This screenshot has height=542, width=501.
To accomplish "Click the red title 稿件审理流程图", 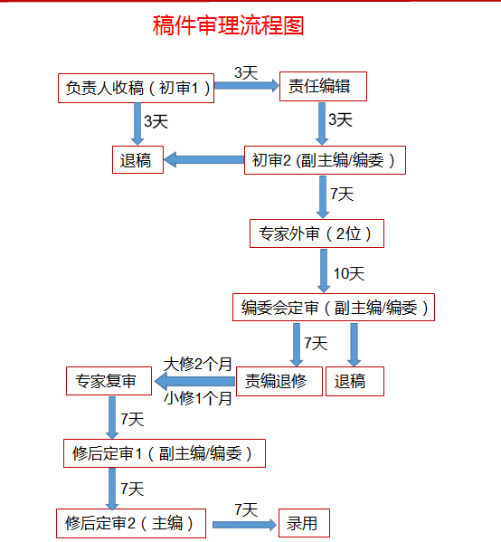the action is coord(228,25).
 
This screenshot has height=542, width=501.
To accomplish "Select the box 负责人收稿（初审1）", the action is coord(137,88).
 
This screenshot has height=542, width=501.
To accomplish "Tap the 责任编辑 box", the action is coord(323,87).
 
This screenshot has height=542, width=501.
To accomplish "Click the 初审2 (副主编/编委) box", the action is coord(325,160).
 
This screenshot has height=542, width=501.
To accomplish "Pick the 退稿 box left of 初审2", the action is coord(137,159).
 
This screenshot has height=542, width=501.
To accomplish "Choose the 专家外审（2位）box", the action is coord(317,233).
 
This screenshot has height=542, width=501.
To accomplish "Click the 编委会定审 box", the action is coord(334,308).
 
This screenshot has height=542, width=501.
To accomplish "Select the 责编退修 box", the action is coord(279,381).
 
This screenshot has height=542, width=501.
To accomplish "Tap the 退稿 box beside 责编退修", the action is coord(354,381).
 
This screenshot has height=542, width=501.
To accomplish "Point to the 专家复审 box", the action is coord(109,381).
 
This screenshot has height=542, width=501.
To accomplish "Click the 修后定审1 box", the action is coord(165,453).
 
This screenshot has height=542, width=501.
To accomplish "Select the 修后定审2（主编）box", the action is coord(131,523).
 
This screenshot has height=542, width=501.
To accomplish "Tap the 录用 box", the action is coord(304,523).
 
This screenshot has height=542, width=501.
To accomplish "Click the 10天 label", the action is coord(349,274).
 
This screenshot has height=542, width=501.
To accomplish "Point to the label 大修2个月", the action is coord(198,364).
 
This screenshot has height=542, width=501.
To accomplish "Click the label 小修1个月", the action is coord(198,398).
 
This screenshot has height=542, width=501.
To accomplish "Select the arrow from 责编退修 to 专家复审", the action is coord(194,382).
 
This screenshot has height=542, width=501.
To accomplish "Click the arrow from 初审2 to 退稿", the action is coord(204,159).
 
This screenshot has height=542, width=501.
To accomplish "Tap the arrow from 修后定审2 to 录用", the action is coord(245,525).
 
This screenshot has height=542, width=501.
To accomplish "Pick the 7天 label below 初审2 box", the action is coord(342,194).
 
